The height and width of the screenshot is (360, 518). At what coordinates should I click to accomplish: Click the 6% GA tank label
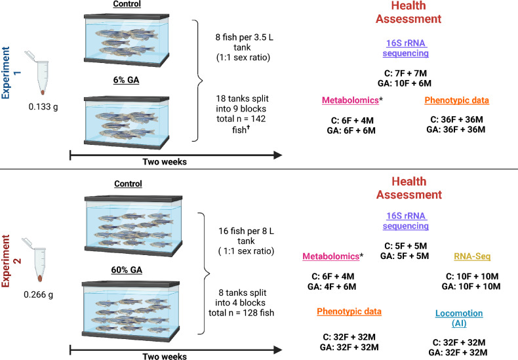(126, 80)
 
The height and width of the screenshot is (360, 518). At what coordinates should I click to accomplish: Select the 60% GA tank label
(127, 270)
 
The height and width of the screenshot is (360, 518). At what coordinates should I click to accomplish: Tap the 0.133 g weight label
(43, 107)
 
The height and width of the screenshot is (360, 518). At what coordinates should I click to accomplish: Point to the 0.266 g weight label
(38, 294)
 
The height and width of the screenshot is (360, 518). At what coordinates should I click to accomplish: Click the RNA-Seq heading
(472, 256)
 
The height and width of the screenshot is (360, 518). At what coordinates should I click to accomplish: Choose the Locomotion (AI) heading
(459, 318)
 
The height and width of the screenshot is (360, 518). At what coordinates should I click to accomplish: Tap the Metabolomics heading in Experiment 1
(350, 100)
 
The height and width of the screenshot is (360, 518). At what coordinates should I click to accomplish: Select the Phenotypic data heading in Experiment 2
(349, 311)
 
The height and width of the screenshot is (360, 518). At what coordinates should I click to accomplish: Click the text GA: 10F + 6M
(405, 83)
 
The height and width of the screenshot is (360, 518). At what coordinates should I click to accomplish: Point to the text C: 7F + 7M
(405, 73)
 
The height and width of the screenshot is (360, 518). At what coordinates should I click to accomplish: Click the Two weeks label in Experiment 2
(165, 356)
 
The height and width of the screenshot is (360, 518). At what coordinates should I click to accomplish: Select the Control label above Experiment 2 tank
(128, 184)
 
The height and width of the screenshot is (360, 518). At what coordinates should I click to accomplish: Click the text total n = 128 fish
(241, 313)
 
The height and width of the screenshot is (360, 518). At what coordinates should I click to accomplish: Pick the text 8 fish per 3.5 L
(245, 37)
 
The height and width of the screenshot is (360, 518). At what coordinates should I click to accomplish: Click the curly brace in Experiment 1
(198, 81)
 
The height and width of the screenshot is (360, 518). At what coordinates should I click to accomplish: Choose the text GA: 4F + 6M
(332, 287)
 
